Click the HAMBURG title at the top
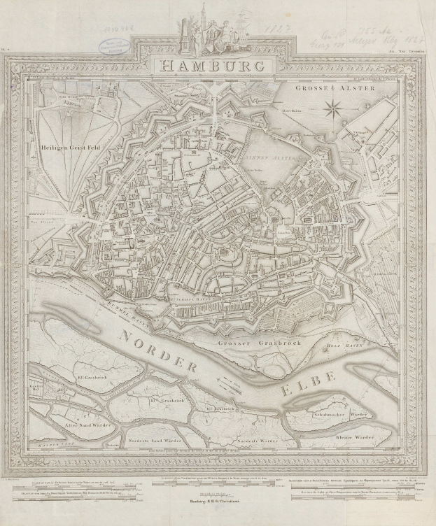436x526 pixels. [x=212, y=66]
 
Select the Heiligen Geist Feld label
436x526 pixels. [x=71, y=138]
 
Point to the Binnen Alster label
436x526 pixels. [x=262, y=157]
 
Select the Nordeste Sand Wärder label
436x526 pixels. [x=157, y=442]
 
